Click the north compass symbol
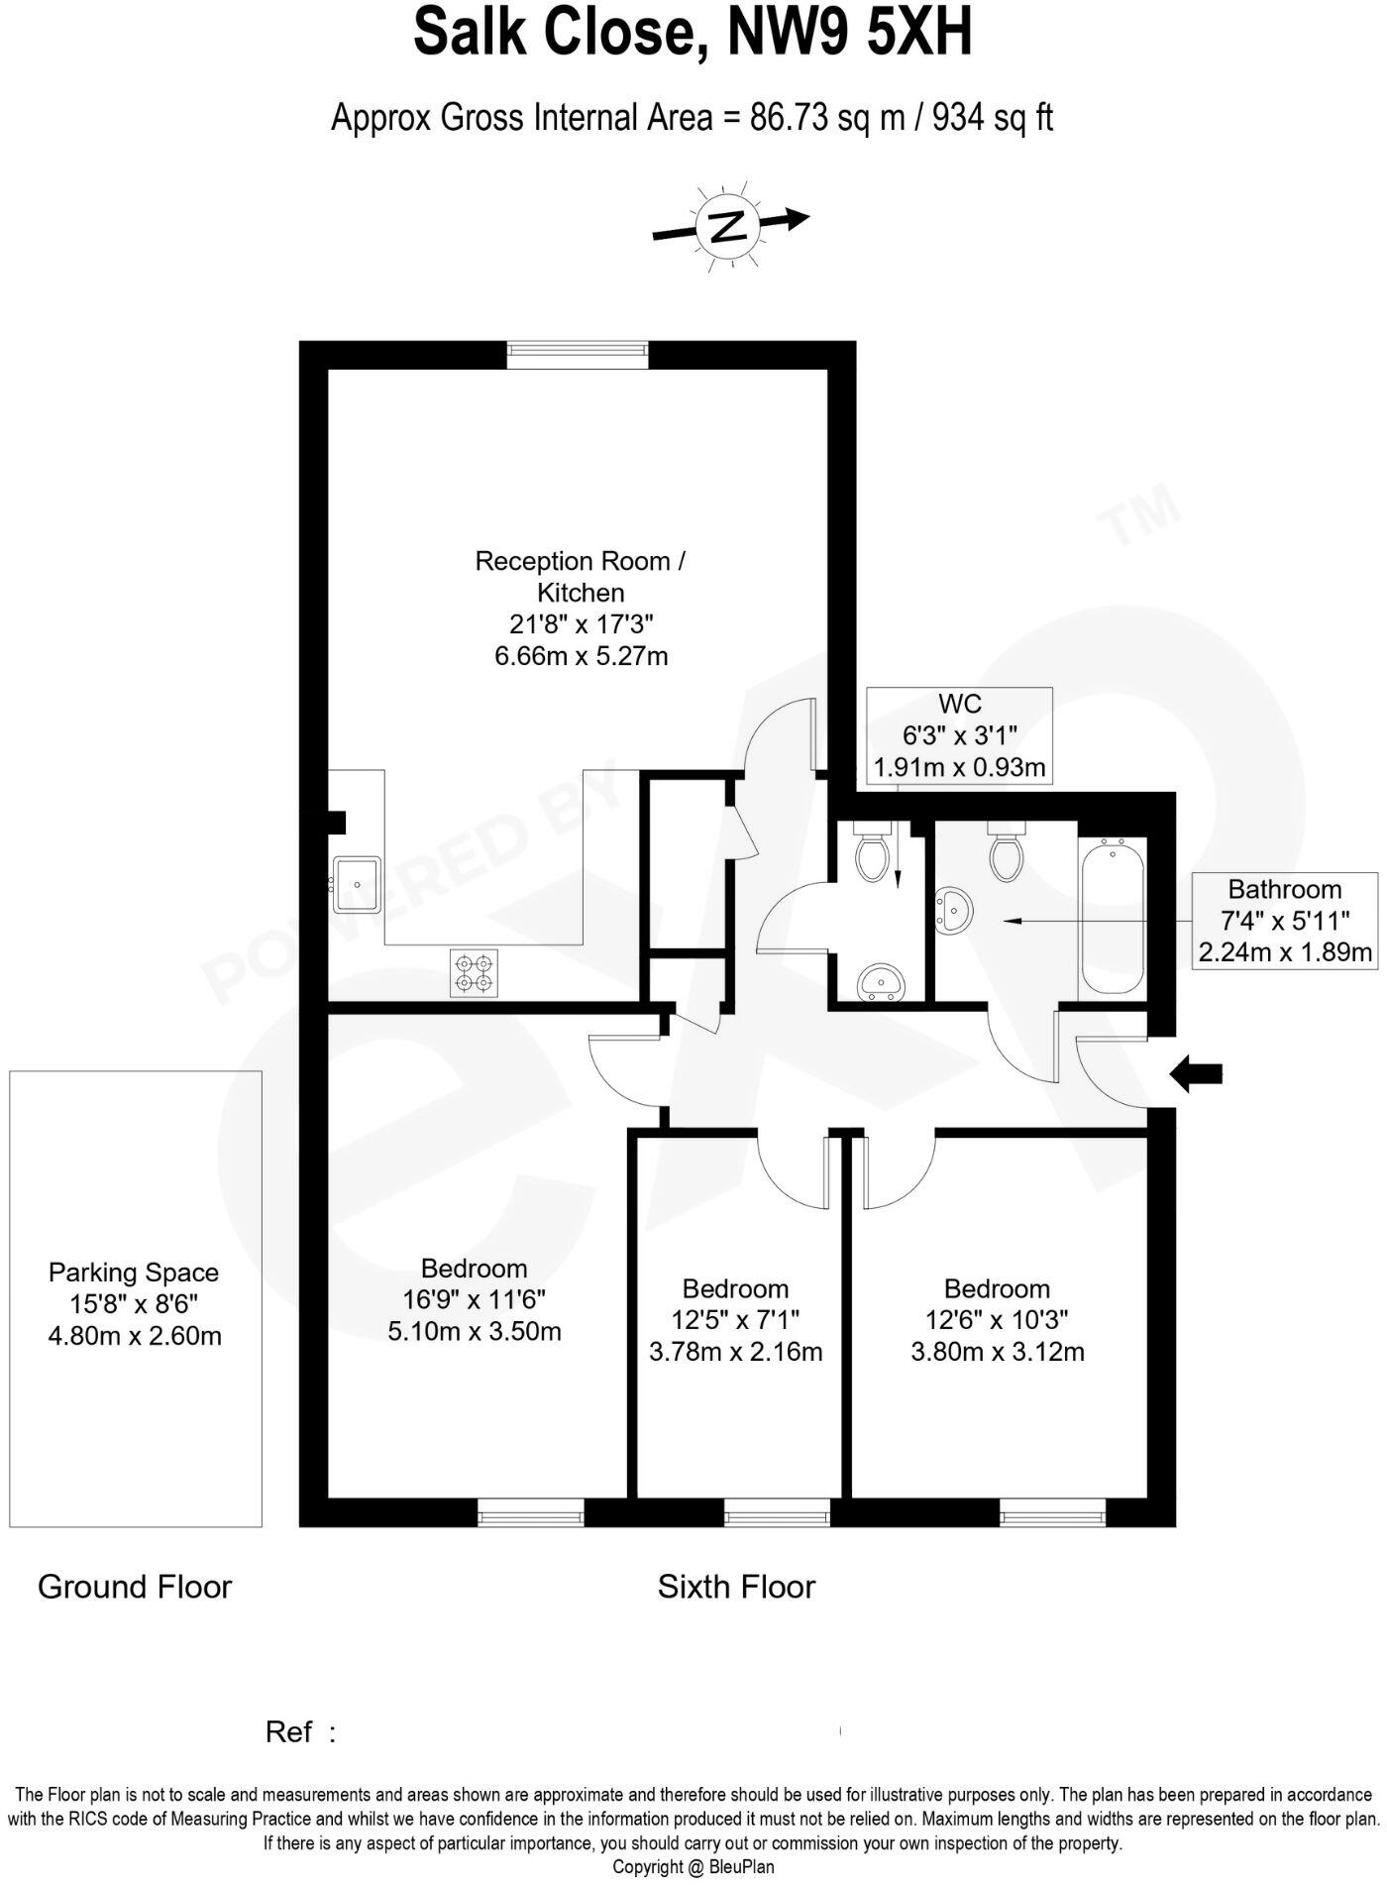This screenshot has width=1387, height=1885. [730, 227]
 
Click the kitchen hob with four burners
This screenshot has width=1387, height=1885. [474, 972]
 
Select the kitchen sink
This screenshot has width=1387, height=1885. [357, 884]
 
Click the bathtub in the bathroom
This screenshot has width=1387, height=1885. [1114, 917]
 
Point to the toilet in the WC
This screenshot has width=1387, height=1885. [873, 853]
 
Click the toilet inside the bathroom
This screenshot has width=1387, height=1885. [1006, 853]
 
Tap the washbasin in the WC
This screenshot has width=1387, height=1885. [880, 981]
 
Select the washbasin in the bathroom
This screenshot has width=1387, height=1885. [953, 909]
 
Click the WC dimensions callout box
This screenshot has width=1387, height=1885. [959, 735]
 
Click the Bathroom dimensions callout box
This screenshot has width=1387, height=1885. [1284, 921]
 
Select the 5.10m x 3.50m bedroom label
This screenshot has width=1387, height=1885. [475, 1299]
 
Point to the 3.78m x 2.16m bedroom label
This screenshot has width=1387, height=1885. [735, 1320]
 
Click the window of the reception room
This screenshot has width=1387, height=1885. [578, 355]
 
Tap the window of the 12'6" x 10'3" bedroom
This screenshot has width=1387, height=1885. [1052, 1512]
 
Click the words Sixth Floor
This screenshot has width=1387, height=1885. [736, 1587]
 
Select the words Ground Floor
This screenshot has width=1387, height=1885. [135, 1587]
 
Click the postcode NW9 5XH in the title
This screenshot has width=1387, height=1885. [849, 33]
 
